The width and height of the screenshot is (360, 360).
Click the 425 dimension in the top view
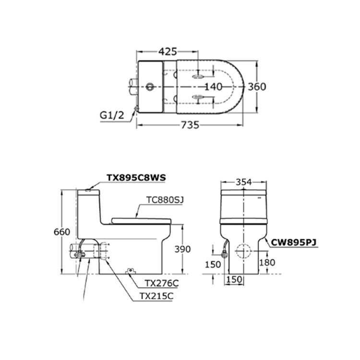point(168,51)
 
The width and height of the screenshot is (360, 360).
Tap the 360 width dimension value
point(257,87)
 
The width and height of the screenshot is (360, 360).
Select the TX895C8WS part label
point(136,177)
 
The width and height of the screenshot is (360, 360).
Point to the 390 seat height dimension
point(182,249)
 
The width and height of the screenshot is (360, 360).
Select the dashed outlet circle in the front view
point(244,251)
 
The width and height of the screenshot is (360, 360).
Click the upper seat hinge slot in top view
point(197,77)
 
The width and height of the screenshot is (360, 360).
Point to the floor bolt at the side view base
point(129,272)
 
